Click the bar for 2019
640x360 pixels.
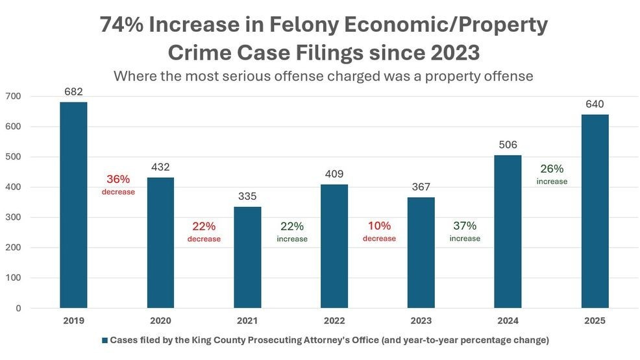pos(73,204)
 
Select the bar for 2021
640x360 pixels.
pos(247,257)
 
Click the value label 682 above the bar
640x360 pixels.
pos(73,91)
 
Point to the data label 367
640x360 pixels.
pos(421,187)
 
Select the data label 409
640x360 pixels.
pos(334,174)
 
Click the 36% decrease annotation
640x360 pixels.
pos(118,184)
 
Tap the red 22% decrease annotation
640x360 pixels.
pos(204,232)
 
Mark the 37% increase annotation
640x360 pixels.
pos(465,231)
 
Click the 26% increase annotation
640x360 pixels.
pos(552,174)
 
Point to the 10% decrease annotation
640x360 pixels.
pos(379,231)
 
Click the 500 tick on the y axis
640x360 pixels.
pos(14,157)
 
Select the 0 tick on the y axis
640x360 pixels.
pos(18,308)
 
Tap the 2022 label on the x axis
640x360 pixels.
pos(334,320)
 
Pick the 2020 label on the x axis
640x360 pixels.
pos(160,320)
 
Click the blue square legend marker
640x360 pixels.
pos(104,340)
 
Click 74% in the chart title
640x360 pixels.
pos(123,25)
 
